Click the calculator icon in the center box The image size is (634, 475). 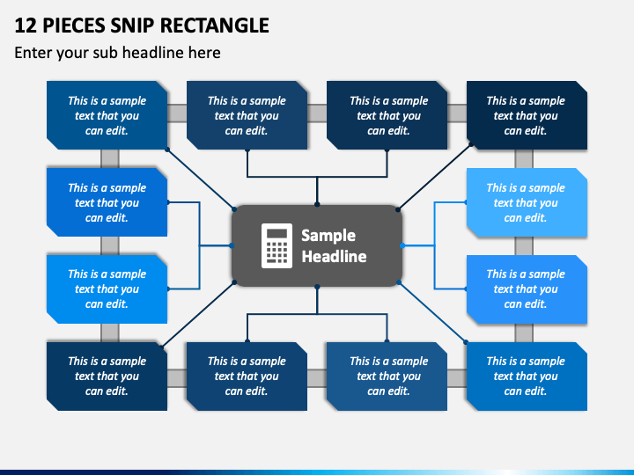pos(276,245)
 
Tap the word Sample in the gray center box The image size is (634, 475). pos(328,236)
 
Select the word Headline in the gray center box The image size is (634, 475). pos(334,257)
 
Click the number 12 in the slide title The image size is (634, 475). pos(26,26)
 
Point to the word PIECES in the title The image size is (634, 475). pos(74,26)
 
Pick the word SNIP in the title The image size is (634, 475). pos(132,26)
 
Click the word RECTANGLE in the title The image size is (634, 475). pos(214,26)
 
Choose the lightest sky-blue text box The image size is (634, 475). pos(527,202)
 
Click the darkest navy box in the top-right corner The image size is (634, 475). pos(527,115)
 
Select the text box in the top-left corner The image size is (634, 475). pos(107,115)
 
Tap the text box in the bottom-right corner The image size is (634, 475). pos(527,376)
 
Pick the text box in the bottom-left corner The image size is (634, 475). pos(107,376)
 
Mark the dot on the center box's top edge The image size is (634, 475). pos(317,205)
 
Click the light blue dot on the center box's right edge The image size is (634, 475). pos(402,245)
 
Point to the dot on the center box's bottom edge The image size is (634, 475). pos(317,287)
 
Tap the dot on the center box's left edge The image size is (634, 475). pos(232,245)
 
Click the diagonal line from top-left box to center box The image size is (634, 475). pos(201,179)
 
